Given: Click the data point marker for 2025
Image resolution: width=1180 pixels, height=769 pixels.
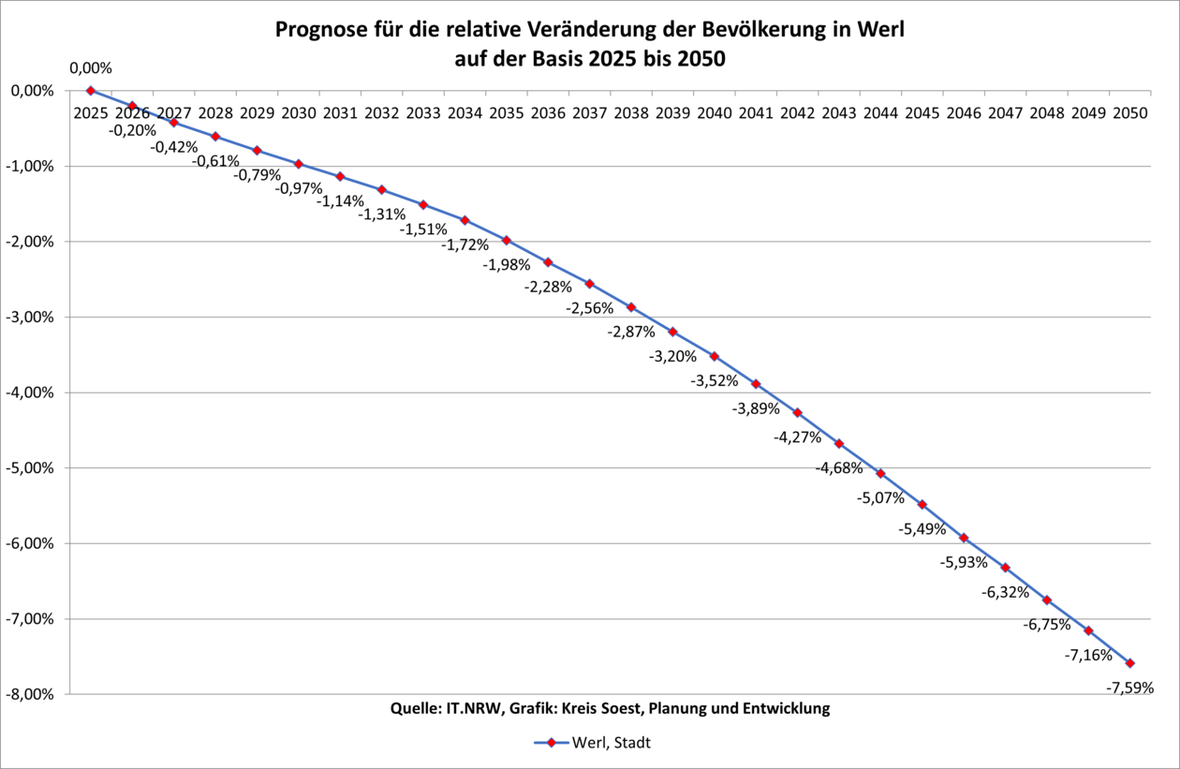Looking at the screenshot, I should coord(91,91).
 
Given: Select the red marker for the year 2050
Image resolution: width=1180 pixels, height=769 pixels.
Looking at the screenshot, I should coord(1129,663).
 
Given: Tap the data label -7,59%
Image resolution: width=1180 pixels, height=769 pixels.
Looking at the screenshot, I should coord(1129,688).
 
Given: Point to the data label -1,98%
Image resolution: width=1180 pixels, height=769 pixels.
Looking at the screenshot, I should coord(507,265).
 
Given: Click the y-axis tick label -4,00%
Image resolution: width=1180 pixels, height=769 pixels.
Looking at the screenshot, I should coord(30,392).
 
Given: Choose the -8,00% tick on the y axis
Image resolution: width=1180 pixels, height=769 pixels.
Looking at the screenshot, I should coord(30,694).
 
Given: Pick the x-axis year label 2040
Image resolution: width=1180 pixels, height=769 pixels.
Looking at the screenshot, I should coord(714,113).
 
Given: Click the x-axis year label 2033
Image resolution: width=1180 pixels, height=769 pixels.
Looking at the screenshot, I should coord(423,113).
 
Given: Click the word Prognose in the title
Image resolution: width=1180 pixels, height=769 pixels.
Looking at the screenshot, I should coord(318,30).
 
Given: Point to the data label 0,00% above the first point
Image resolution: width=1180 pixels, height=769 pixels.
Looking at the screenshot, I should coord(91,68).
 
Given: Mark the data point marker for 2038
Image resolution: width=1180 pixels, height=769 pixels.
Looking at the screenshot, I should coord(631,307).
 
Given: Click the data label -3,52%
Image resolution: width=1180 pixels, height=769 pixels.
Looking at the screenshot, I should coord(715,381).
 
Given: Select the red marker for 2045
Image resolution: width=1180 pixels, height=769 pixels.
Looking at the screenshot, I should coord(922,505).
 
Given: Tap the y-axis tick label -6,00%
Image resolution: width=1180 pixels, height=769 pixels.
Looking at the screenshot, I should coord(30,543).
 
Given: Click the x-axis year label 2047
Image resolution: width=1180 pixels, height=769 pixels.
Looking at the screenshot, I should coord(1005,113).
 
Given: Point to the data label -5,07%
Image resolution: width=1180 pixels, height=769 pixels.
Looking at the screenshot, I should coord(880,498).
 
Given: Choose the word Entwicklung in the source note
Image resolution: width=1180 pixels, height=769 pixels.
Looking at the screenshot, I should coord(784,709).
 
